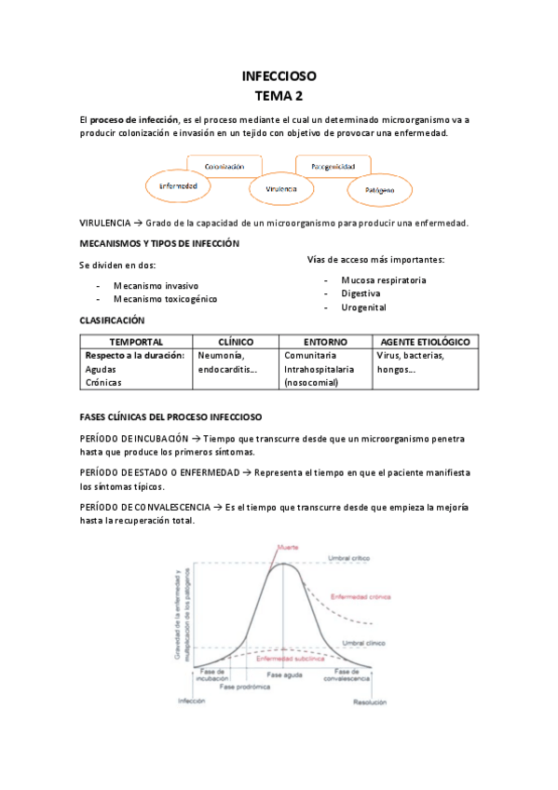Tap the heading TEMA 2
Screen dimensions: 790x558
pos(279,95)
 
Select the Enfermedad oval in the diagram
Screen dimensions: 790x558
pos(177,185)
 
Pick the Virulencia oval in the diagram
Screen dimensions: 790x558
pos(279,189)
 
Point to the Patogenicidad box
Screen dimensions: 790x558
pos(333,166)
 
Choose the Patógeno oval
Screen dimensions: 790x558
pos(379,190)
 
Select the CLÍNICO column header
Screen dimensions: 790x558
pos(236,342)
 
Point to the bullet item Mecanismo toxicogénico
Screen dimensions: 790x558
pos(165,299)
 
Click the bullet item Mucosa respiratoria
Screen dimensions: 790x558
pos(384,279)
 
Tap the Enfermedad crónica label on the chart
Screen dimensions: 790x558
pos(361,596)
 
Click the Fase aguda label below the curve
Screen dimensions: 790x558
pos(285,674)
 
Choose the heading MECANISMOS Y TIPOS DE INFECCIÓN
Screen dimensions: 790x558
pos(159,243)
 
